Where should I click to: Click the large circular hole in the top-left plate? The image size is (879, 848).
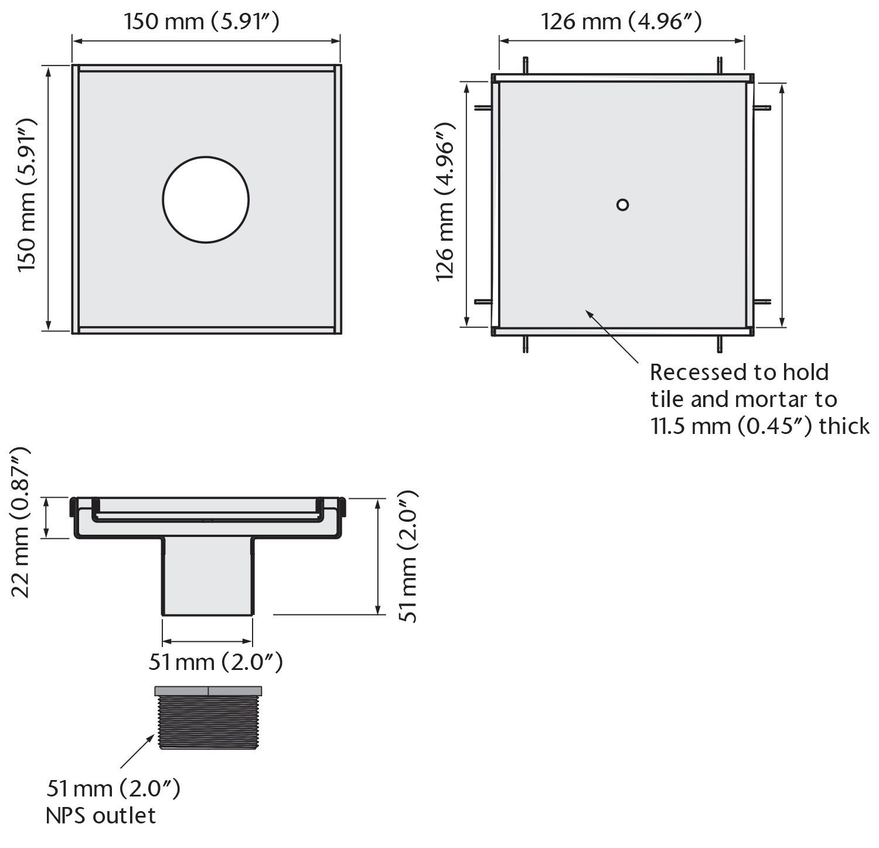[x=206, y=199]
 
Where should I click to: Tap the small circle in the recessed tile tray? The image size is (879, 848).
[x=622, y=204]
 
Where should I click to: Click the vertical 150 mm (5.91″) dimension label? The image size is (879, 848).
[x=27, y=195]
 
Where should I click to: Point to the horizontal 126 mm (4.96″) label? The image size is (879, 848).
[x=621, y=22]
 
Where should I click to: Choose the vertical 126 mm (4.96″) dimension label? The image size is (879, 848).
[x=445, y=202]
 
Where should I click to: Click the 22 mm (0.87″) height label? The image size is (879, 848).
[x=21, y=521]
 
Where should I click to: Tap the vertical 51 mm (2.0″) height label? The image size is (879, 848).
[x=407, y=556]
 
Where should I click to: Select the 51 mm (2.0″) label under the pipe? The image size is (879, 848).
[x=216, y=662]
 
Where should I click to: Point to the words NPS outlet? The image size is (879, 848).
[x=101, y=816]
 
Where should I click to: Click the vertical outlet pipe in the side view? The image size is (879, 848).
[x=207, y=577]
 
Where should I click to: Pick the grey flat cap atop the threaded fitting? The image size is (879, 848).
[x=208, y=691]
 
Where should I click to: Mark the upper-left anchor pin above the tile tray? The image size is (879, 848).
[x=526, y=65]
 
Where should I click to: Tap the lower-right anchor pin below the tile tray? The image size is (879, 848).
[x=720, y=344]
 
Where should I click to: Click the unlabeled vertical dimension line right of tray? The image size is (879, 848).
[x=782, y=205]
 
